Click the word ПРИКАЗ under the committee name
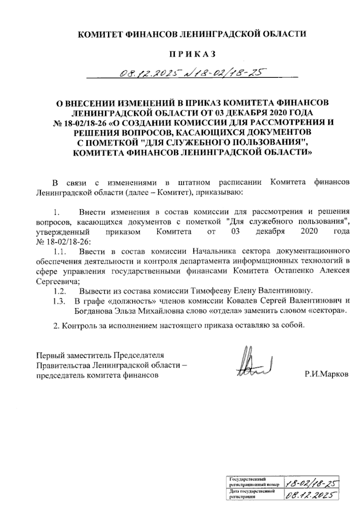pyautogui.click(x=192, y=54)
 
